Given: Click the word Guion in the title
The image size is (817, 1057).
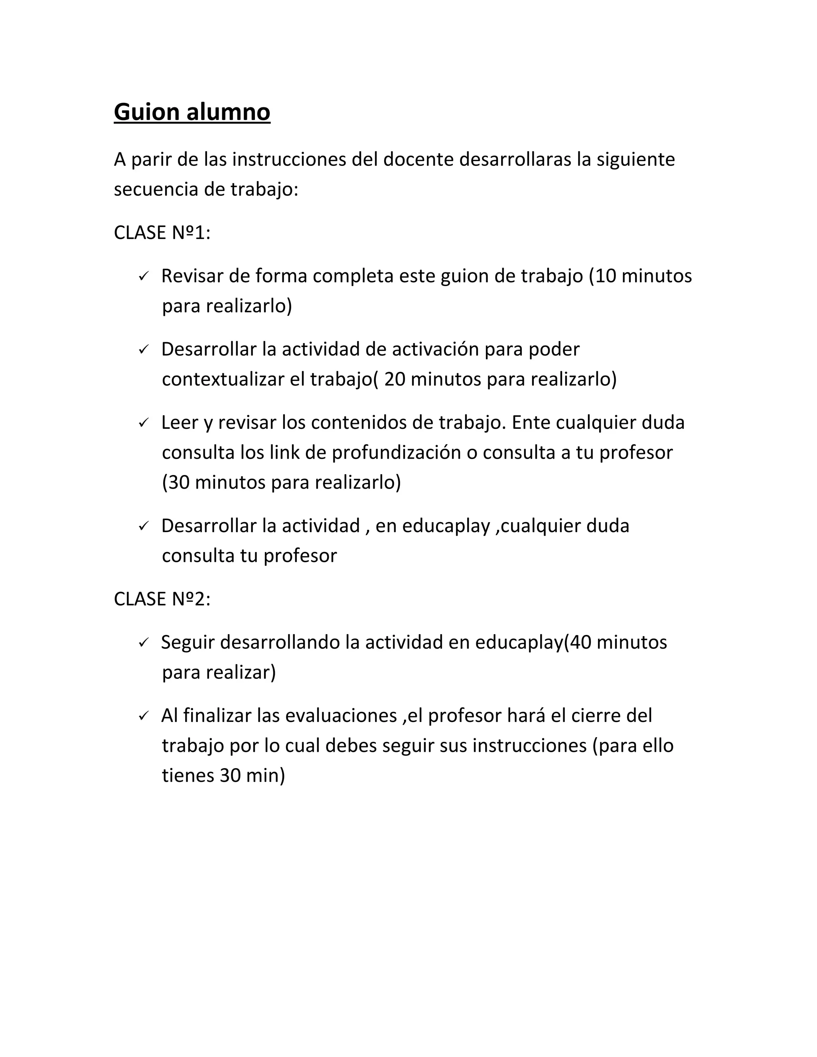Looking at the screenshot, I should (147, 112).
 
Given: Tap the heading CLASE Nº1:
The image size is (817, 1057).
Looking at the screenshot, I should (162, 233).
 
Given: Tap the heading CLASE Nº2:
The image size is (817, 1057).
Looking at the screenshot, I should (162, 599).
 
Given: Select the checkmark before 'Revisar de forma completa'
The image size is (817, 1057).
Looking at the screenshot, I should (143, 276).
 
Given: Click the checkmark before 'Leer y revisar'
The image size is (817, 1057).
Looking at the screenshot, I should (143, 423).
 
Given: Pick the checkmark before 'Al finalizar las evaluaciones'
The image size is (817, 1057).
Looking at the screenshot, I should (143, 716).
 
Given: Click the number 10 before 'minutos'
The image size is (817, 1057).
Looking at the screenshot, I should (606, 276).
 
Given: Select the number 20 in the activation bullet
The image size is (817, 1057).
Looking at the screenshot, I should (395, 379).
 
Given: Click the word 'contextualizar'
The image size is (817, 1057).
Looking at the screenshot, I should (223, 379).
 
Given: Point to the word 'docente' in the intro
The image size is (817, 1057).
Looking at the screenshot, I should (418, 159).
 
